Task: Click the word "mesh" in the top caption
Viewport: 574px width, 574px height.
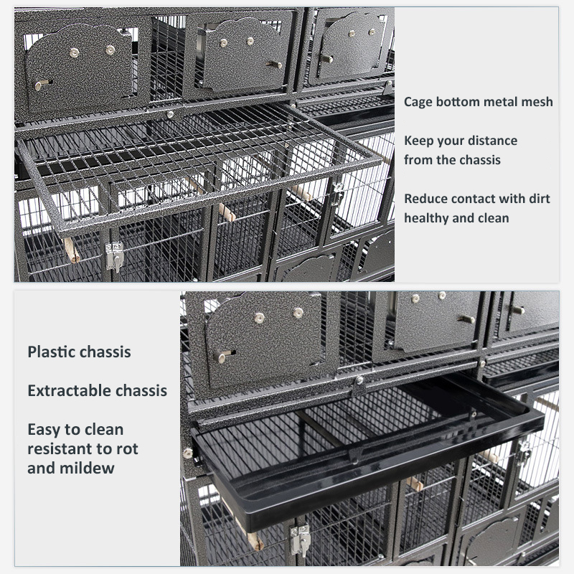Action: click(537, 102)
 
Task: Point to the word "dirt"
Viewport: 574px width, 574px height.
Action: click(540, 199)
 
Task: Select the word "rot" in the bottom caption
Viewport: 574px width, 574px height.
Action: click(127, 449)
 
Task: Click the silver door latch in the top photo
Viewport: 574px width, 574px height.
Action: click(115, 256)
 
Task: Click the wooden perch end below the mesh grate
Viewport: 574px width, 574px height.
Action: click(72, 250)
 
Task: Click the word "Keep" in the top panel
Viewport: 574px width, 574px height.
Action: click(418, 141)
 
